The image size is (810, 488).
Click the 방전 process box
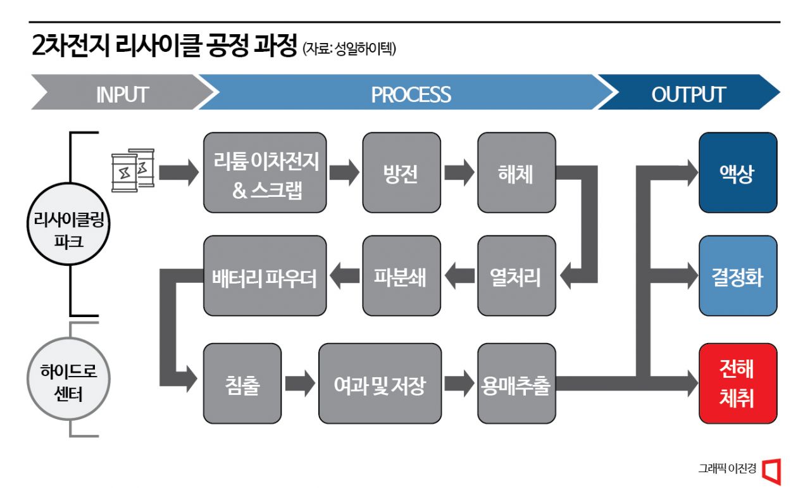(x=401, y=172)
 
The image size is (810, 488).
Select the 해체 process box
(x=516, y=172)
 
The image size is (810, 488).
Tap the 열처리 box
(x=516, y=276)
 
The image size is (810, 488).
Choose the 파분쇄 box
(x=401, y=276)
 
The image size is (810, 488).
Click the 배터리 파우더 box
(x=265, y=276)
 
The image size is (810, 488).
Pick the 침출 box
(x=242, y=384)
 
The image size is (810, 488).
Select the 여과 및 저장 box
(x=380, y=384)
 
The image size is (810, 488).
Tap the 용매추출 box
(x=516, y=384)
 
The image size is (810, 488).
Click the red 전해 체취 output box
(x=737, y=384)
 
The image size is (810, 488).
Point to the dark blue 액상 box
(x=737, y=172)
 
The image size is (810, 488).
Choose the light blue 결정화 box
(x=737, y=276)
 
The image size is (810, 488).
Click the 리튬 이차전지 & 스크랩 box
(x=265, y=172)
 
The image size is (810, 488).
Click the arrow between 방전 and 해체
(x=459, y=172)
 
